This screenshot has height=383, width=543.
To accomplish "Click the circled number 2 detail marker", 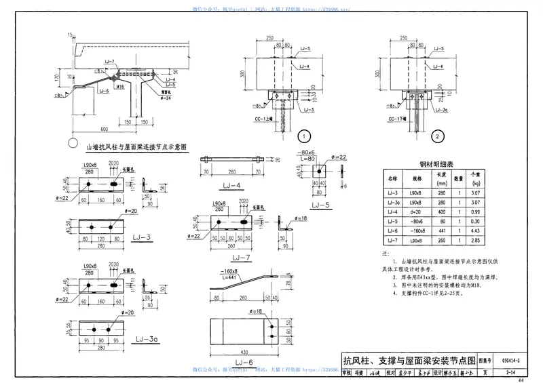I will (x=438, y=136).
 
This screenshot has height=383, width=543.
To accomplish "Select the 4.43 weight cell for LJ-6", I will (x=476, y=230).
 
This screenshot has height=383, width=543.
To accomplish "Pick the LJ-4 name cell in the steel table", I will (x=392, y=211).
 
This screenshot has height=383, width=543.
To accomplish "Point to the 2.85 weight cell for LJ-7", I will (x=476, y=240).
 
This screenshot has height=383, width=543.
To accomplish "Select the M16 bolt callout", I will (x=119, y=87).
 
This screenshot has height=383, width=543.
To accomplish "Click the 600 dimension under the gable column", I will (x=104, y=129).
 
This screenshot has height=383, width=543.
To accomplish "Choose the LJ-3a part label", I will (x=147, y=339).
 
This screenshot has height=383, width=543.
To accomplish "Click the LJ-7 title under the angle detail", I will (x=242, y=258).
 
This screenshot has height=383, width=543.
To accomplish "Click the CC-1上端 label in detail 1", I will (x=263, y=118).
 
